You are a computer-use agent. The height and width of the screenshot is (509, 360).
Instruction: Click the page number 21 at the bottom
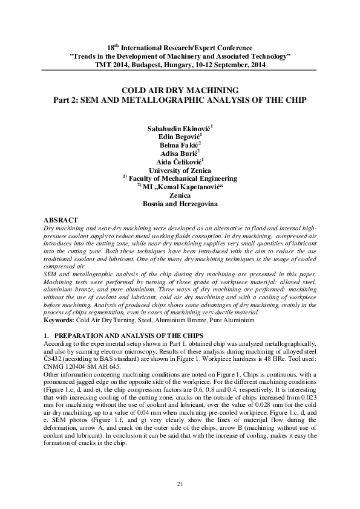(180, 484)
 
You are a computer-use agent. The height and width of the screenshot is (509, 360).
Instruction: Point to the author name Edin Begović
(179, 138)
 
